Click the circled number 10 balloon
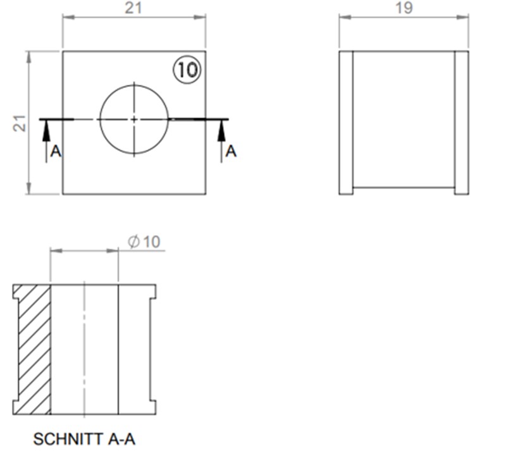point(187,70)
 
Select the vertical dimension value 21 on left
point(18,123)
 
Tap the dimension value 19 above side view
point(404,8)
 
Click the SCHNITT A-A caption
point(84,438)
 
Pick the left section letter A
point(56,151)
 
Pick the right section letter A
point(231,151)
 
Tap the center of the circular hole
point(134,119)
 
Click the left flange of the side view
point(346,123)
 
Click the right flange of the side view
point(462,123)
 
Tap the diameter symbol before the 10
point(133,242)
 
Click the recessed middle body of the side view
point(404,120)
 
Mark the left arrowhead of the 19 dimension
point(343,17)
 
